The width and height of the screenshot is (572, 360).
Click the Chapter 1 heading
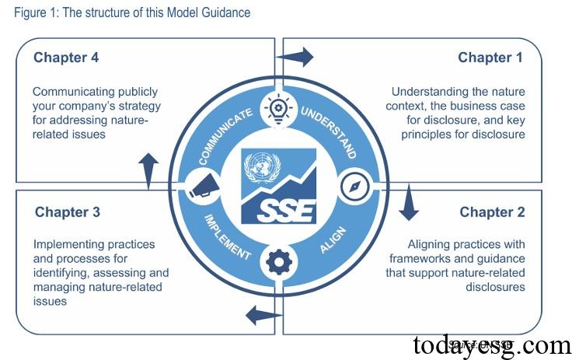coord(490,58)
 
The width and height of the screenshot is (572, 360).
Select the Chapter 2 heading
coord(492,212)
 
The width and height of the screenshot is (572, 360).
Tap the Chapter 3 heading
coord(68,212)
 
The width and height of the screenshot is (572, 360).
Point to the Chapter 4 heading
coord(66,58)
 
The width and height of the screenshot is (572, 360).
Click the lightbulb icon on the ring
coord(277,108)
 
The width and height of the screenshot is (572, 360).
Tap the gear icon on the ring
coord(277,262)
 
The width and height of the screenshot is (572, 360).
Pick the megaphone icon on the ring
coord(200,187)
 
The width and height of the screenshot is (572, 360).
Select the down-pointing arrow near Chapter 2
coord(408,204)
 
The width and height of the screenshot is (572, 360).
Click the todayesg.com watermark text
coord(491,344)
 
